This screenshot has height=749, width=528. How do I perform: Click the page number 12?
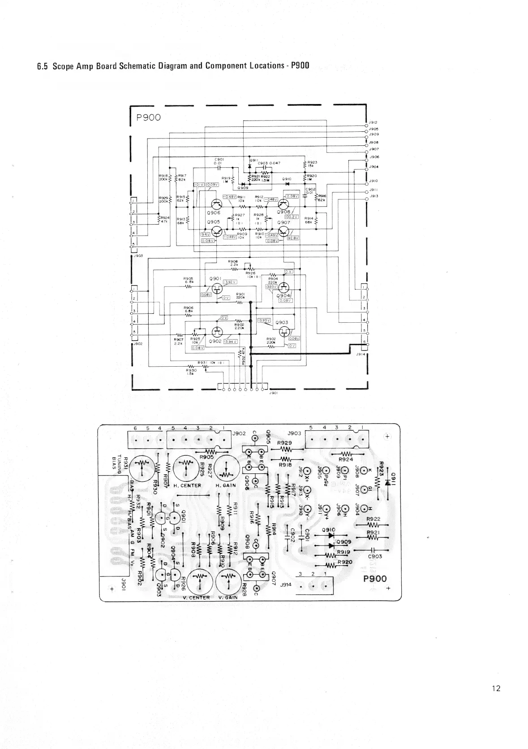tap(496, 688)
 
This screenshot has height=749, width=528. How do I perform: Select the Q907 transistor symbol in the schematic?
tap(283, 231)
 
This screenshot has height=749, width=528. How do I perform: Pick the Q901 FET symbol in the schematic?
tap(217, 289)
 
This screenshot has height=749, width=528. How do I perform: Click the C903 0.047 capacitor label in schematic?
tap(269, 163)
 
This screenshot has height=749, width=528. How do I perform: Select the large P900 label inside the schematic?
tap(149, 117)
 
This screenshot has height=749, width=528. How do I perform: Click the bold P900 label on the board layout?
tap(375, 578)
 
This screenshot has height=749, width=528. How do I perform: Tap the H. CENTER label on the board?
tap(187, 485)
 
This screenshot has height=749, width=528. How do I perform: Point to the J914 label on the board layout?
tap(286, 584)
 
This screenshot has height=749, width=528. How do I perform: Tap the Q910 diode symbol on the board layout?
tap(332, 535)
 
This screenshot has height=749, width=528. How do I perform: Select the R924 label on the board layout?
tap(345, 459)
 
